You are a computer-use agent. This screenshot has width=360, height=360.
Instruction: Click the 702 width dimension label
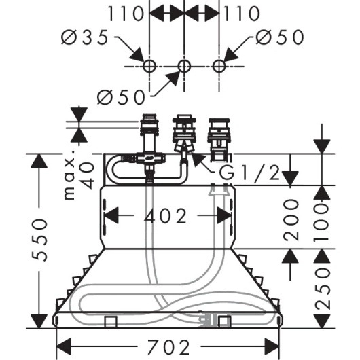coord(168,346)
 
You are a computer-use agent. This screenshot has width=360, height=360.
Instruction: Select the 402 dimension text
coord(165,216)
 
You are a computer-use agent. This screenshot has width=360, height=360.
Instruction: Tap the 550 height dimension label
coord(39,240)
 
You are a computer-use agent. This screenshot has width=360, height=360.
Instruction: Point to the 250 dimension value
coord(323,289)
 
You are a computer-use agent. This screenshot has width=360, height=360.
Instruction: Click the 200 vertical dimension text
coord(291,220)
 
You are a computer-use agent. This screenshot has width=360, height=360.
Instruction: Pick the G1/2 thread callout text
coord(249,173)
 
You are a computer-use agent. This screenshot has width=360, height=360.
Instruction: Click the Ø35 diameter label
coord(84,37)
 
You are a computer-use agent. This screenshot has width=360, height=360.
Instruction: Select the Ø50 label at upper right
coord(280,37)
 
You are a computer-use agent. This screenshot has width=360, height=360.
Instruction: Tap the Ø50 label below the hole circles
coord(121,97)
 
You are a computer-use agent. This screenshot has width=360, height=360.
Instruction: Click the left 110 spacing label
coord(126,14)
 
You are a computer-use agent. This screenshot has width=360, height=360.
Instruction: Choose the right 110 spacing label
coord(242,14)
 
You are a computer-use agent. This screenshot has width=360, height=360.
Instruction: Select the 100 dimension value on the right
coord(323,222)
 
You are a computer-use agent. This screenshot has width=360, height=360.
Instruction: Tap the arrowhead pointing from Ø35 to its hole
coord(137,54)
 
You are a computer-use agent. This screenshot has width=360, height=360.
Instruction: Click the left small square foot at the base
coord(111,322)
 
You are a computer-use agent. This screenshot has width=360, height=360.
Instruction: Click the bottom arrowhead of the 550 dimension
coord(39,321)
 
